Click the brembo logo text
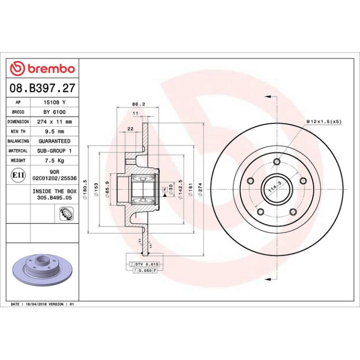tap(51, 69)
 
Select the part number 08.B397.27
tap(43, 88)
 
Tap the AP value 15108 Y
tap(55, 102)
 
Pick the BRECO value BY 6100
tap(54, 112)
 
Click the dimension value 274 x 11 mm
tap(54, 122)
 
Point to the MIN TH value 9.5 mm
tap(54, 131)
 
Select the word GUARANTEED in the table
tap(54, 141)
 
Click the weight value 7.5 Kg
tap(54, 160)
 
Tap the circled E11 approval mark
tap(18, 175)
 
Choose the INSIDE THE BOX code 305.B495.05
tap(54, 197)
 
